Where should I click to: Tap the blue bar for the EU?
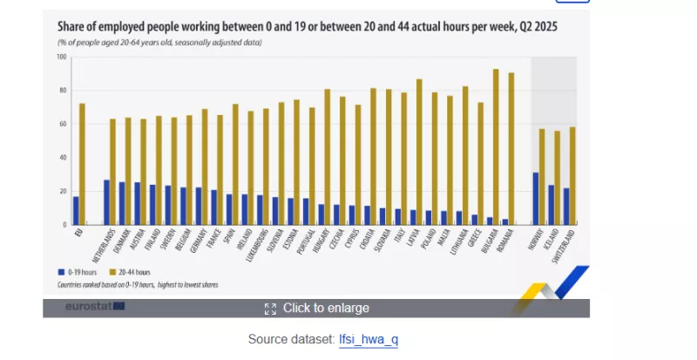76,210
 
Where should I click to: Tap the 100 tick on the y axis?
62,58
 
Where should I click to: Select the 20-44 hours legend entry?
130,272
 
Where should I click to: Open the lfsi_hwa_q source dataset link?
369,338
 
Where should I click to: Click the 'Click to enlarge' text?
325,308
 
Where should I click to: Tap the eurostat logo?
94,307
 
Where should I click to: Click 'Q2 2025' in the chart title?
535,27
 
